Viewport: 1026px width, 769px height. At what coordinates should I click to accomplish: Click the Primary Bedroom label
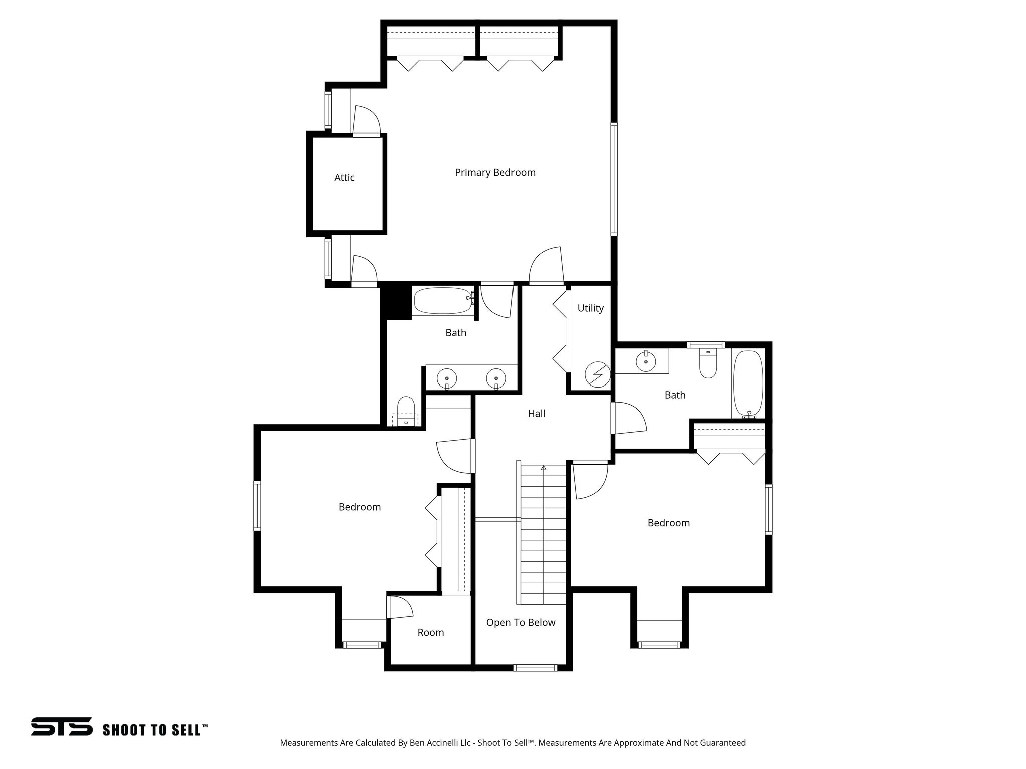495,173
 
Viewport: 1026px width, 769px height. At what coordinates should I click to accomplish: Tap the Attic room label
344,178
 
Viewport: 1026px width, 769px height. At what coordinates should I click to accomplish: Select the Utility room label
590,308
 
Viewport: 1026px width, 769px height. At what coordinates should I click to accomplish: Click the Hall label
536,414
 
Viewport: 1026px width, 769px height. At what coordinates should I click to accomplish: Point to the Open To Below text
521,623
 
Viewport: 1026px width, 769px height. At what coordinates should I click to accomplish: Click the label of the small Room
430,633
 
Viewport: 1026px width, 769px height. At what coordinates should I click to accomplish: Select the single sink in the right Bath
646,361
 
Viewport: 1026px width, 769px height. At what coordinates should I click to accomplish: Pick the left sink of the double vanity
446,378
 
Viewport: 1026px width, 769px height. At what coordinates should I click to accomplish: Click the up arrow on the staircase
544,468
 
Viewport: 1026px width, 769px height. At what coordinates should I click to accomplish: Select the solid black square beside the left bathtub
396,301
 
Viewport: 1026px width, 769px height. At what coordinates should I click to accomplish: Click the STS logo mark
62,726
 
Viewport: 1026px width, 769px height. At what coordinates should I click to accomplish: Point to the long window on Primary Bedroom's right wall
614,179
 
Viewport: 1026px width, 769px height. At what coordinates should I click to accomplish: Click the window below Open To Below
535,667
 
